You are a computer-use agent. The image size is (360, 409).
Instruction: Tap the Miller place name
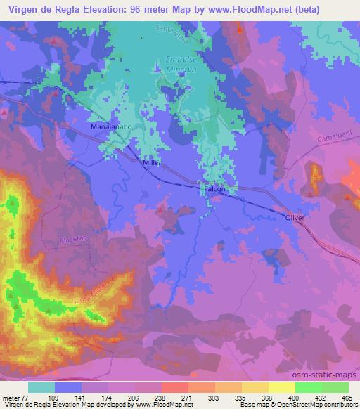coord(152,162)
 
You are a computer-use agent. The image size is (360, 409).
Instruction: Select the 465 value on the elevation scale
coord(346,397)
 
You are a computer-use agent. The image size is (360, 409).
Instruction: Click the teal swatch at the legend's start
coord(41,387)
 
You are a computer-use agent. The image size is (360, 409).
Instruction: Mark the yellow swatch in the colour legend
coord(281,387)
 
